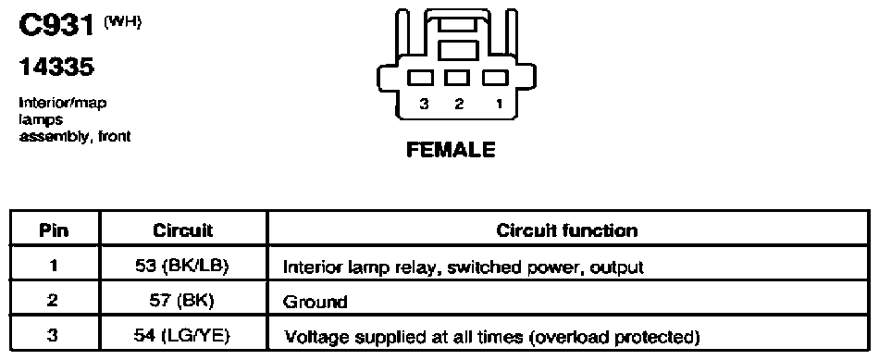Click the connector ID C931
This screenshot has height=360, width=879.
(56, 26)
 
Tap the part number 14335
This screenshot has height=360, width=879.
(56, 68)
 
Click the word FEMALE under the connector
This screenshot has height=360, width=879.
(451, 150)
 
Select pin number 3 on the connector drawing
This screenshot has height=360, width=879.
(425, 104)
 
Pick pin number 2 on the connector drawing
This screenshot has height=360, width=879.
(459, 104)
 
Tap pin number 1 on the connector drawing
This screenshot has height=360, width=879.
(499, 104)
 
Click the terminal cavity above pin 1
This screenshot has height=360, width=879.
(496, 78)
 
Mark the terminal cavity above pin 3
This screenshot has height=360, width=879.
(420, 78)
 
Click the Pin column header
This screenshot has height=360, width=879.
(55, 230)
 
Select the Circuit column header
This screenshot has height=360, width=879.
(183, 230)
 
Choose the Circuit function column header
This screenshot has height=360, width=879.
(567, 230)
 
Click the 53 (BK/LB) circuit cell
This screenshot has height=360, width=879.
(183, 267)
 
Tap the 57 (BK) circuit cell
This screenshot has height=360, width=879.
(182, 301)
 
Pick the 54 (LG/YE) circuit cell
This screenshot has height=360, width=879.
(183, 337)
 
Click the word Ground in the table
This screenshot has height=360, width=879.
(315, 303)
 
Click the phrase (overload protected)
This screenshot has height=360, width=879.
(614, 338)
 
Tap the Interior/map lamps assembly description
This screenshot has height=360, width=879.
(75, 119)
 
